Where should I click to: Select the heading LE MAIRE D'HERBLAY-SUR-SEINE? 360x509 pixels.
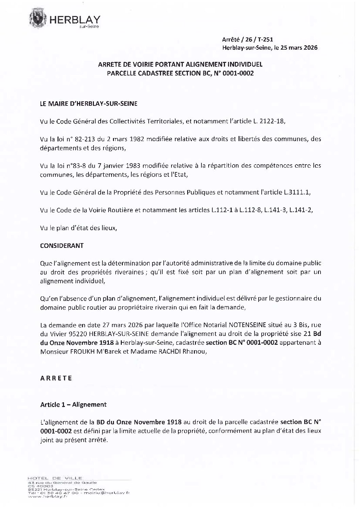pos(89,103)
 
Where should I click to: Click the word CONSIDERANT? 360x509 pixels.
pos(62,245)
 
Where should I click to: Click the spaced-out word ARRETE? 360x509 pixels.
pos(56,378)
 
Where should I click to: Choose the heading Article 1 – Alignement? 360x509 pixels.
pos(73,404)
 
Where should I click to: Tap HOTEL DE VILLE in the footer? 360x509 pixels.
pos(55,478)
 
